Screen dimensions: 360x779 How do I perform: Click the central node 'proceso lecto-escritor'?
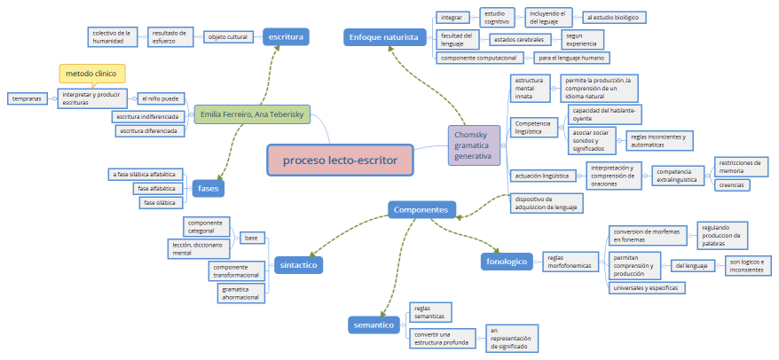tap(340, 160)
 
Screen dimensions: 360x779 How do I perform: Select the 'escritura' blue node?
tap(285, 36)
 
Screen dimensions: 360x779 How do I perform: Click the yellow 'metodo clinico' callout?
tap(92, 73)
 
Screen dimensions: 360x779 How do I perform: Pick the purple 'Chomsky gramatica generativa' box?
tap(474, 144)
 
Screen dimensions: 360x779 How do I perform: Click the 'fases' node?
tap(209, 188)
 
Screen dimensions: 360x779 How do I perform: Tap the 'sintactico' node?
tap(298, 264)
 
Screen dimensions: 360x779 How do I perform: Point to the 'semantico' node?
tap(374, 325)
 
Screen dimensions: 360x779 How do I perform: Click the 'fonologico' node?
tap(506, 261)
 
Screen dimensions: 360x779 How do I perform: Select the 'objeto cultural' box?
tap(227, 36)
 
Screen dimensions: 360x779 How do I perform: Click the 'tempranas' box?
tap(27, 98)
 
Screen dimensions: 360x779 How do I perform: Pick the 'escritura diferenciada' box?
tap(149, 131)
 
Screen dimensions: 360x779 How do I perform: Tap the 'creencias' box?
tap(732, 185)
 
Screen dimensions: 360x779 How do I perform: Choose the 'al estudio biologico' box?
tap(613, 17)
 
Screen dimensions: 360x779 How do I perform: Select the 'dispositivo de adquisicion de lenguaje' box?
tap(547, 204)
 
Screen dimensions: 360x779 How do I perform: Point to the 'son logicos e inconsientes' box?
tap(749, 265)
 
